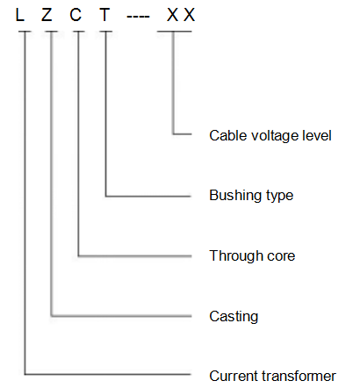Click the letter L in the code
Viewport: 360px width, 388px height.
(19, 15)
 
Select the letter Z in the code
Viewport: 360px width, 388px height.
(47, 15)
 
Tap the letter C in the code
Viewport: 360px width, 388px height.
(76, 15)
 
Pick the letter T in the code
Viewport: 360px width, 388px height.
(104, 15)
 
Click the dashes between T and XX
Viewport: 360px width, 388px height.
(138, 16)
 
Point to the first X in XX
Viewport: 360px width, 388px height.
(172, 15)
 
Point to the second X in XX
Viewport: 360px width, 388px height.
(189, 15)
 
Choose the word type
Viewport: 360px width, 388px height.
(279, 197)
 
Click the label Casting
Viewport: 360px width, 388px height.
(234, 317)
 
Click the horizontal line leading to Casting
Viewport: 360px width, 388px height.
(121, 316)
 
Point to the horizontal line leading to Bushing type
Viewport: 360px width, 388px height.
(148, 196)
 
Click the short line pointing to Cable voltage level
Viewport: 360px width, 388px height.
(182, 134)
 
